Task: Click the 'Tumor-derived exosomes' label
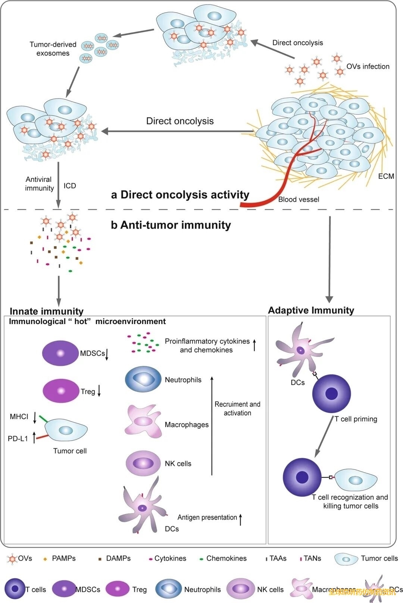tap(53, 49)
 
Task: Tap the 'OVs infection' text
tap(368, 66)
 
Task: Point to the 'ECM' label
tap(386, 176)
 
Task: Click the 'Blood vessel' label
tap(299, 199)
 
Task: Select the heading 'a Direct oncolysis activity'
tap(180, 195)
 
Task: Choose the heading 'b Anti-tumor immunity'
tap(171, 225)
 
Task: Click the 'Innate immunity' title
tap(47, 311)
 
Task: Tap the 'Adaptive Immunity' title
tap(311, 310)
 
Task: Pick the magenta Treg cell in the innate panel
tap(61, 391)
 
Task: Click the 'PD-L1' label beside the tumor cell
tap(18, 439)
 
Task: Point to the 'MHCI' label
tap(19, 417)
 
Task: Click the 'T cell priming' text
tap(356, 419)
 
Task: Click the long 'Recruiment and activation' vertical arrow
tap(212, 426)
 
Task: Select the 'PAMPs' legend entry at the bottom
tap(63, 558)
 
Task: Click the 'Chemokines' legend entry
tap(226, 558)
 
